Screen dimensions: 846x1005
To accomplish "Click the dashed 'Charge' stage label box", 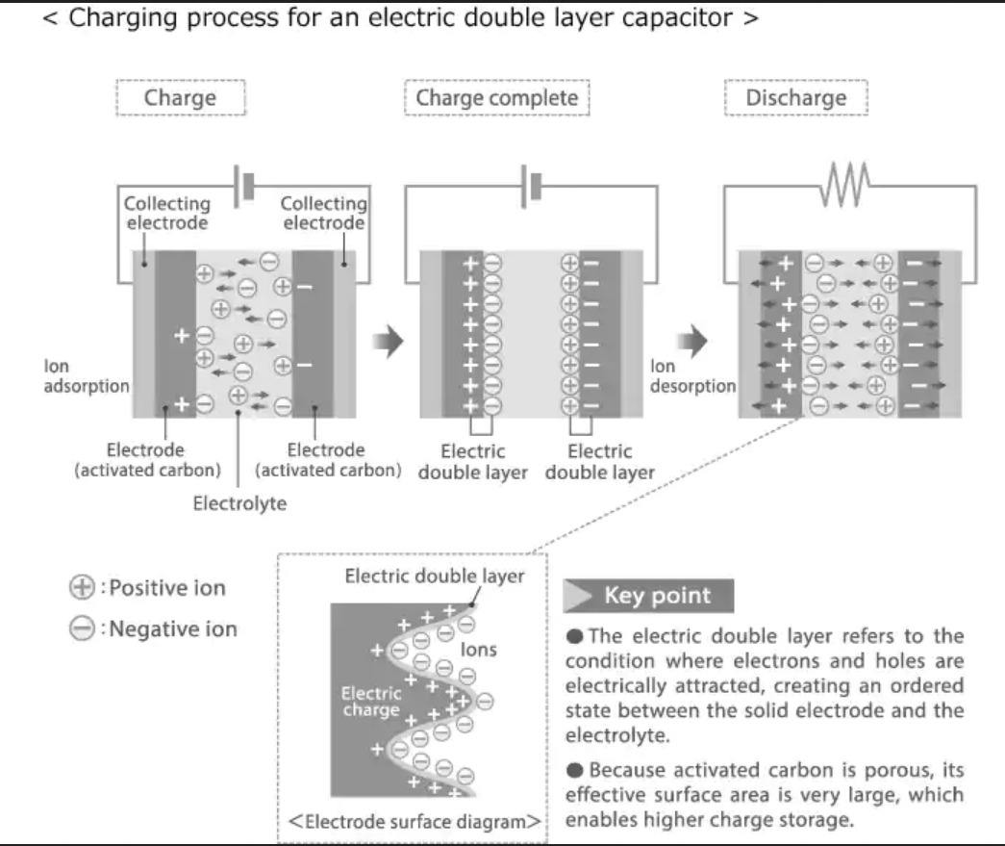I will pyautogui.click(x=180, y=97).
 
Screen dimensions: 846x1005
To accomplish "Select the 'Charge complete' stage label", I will pyautogui.click(x=496, y=97).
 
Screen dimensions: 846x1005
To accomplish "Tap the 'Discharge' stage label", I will pyautogui.click(x=796, y=97).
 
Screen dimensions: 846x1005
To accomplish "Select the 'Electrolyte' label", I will pyautogui.click(x=239, y=503).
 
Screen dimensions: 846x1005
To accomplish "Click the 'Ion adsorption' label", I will pyautogui.click(x=87, y=376).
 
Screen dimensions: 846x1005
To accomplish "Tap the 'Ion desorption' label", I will pyautogui.click(x=692, y=376).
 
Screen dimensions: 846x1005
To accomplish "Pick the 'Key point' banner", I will pyautogui.click(x=648, y=596).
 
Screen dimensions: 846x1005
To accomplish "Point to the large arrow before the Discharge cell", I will pyautogui.click(x=692, y=340).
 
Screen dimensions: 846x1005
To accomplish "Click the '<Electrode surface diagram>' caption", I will pyautogui.click(x=414, y=822).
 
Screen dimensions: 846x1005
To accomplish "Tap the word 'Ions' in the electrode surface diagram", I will pyautogui.click(x=478, y=650).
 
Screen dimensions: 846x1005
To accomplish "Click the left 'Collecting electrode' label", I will pyautogui.click(x=166, y=213).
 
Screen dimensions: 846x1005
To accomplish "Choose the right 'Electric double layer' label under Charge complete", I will pyautogui.click(x=600, y=461).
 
